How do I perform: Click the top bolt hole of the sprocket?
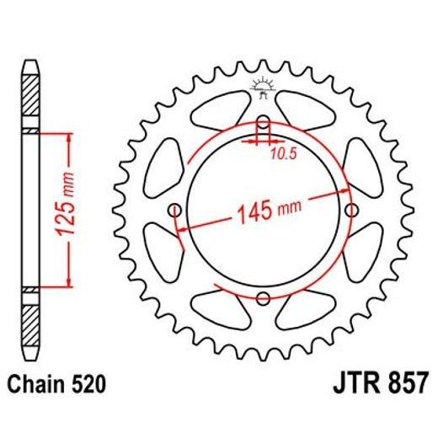pos(263,120)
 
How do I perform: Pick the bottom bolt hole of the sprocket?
pos(263,297)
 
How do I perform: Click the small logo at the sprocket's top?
pos(263,85)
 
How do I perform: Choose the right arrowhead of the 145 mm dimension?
pos(339,193)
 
